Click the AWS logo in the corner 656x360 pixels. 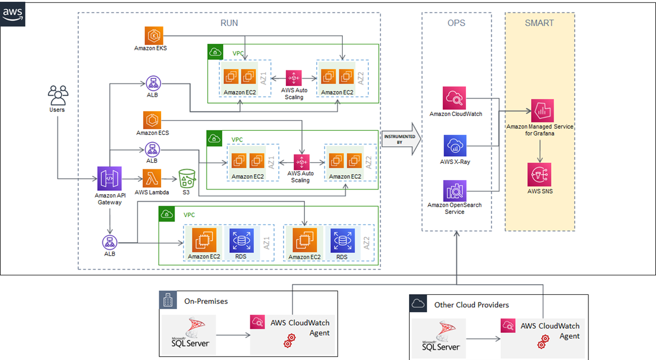click(12, 14)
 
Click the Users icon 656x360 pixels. click(58, 95)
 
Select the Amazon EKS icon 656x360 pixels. click(154, 36)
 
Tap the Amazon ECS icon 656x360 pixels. click(152, 120)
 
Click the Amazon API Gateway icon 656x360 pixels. click(110, 179)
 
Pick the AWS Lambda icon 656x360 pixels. click(152, 179)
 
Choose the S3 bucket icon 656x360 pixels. click(186, 179)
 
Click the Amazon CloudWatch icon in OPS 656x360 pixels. click(454, 98)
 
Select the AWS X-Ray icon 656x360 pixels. click(455, 146)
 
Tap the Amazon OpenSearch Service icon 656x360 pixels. click(455, 191)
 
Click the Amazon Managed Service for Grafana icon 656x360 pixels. click(542, 111)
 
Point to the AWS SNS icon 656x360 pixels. click(539, 175)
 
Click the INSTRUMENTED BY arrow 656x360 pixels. click(401, 139)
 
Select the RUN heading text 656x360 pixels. click(229, 23)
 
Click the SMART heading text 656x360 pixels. click(539, 23)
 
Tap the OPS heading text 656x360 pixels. click(456, 23)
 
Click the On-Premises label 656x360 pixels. click(206, 301)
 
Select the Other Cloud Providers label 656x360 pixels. click(471, 305)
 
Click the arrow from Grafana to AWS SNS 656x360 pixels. click(540, 151)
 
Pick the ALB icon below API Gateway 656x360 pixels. click(110, 242)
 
